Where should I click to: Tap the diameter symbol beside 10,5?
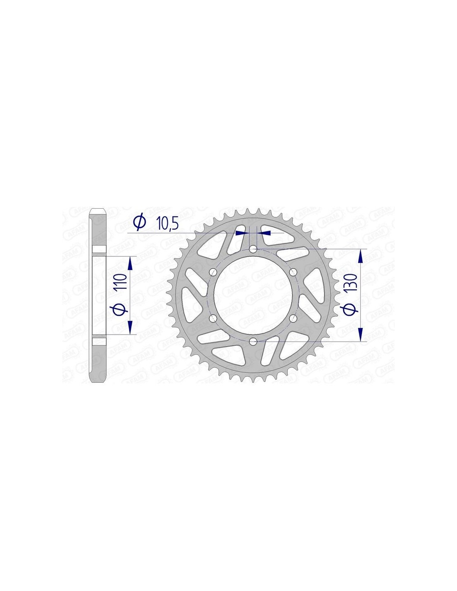click(140, 223)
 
